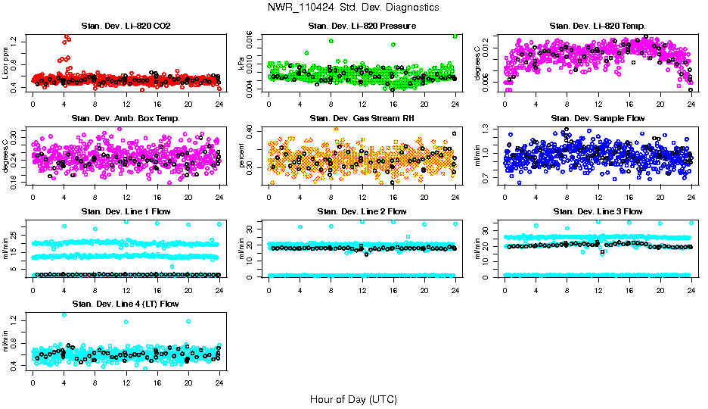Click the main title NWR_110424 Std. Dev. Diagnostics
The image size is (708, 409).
tap(352, 8)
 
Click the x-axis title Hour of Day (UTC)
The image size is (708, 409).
tap(353, 399)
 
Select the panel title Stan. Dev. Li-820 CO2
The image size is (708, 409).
tap(126, 26)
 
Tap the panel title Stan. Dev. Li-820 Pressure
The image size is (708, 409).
tap(362, 26)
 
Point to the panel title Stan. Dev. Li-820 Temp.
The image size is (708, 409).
tap(598, 26)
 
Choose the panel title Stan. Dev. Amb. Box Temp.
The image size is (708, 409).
tap(126, 119)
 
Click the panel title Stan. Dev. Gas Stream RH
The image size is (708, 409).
tap(362, 119)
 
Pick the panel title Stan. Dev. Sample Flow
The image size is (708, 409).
tap(598, 119)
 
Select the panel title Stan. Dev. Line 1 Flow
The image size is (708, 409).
tap(126, 211)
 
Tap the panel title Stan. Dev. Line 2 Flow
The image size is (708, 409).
tap(362, 211)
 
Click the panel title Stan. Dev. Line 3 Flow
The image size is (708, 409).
tap(598, 211)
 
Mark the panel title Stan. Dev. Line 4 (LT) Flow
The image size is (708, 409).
tap(126, 304)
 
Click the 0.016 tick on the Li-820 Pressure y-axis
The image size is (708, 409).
tap(255, 38)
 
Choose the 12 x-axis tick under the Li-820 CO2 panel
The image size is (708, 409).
tap(126, 104)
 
